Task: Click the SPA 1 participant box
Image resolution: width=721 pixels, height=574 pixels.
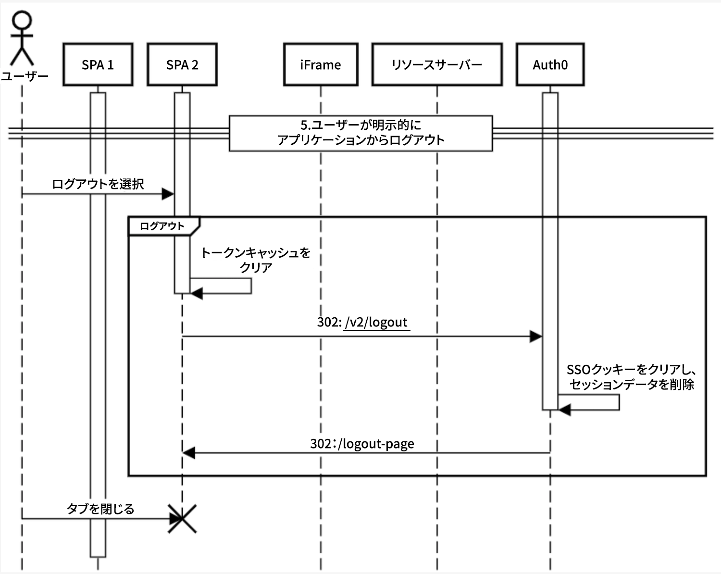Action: (98, 64)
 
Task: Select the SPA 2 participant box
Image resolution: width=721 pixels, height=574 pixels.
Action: (182, 64)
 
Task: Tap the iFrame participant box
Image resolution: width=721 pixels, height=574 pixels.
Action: (321, 64)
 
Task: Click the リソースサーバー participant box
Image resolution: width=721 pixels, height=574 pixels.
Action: (437, 64)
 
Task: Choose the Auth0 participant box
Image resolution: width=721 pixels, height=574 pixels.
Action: (550, 64)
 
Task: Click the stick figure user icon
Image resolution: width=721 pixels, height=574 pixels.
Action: (22, 38)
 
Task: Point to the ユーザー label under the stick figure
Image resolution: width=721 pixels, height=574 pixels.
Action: (24, 76)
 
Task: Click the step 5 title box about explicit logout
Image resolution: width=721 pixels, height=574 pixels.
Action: (360, 133)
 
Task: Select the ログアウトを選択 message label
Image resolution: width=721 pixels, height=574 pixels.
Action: (98, 184)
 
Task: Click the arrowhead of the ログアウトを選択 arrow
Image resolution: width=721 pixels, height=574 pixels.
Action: (168, 194)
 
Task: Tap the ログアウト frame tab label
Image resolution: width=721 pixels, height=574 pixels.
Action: (162, 226)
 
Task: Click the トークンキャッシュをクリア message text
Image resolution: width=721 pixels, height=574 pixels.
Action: (255, 260)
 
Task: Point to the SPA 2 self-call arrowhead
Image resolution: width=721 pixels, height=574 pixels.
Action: (197, 293)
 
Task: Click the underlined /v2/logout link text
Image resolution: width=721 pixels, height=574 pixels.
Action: (376, 322)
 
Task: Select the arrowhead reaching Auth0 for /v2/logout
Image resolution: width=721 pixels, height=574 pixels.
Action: (535, 337)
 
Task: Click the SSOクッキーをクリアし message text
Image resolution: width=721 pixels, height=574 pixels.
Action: (632, 376)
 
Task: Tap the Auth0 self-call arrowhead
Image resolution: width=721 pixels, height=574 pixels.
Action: (564, 410)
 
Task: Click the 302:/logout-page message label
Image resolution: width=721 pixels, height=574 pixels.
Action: (362, 443)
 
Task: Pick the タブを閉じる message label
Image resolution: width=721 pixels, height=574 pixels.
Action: (100, 509)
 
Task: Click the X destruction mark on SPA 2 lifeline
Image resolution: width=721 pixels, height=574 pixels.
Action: (182, 519)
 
